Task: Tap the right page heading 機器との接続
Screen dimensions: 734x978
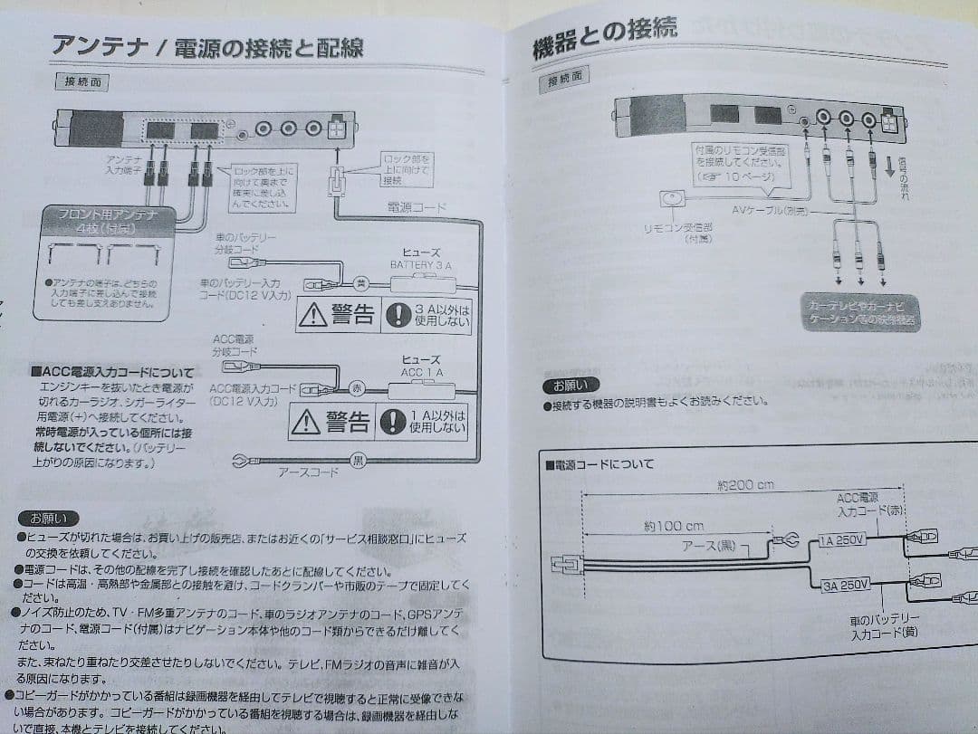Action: coord(604,38)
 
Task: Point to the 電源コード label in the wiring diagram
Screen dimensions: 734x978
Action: coord(416,207)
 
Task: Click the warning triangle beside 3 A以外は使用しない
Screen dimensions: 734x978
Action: coord(313,315)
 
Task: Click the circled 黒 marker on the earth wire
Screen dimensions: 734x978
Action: coord(358,461)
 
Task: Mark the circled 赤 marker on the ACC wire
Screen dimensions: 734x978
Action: coord(356,388)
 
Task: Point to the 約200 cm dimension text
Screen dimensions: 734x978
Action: coord(744,485)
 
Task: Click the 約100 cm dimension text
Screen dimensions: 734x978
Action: coord(674,526)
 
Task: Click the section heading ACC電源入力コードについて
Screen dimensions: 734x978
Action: coord(111,372)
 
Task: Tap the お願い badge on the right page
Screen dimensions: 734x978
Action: coord(570,386)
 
